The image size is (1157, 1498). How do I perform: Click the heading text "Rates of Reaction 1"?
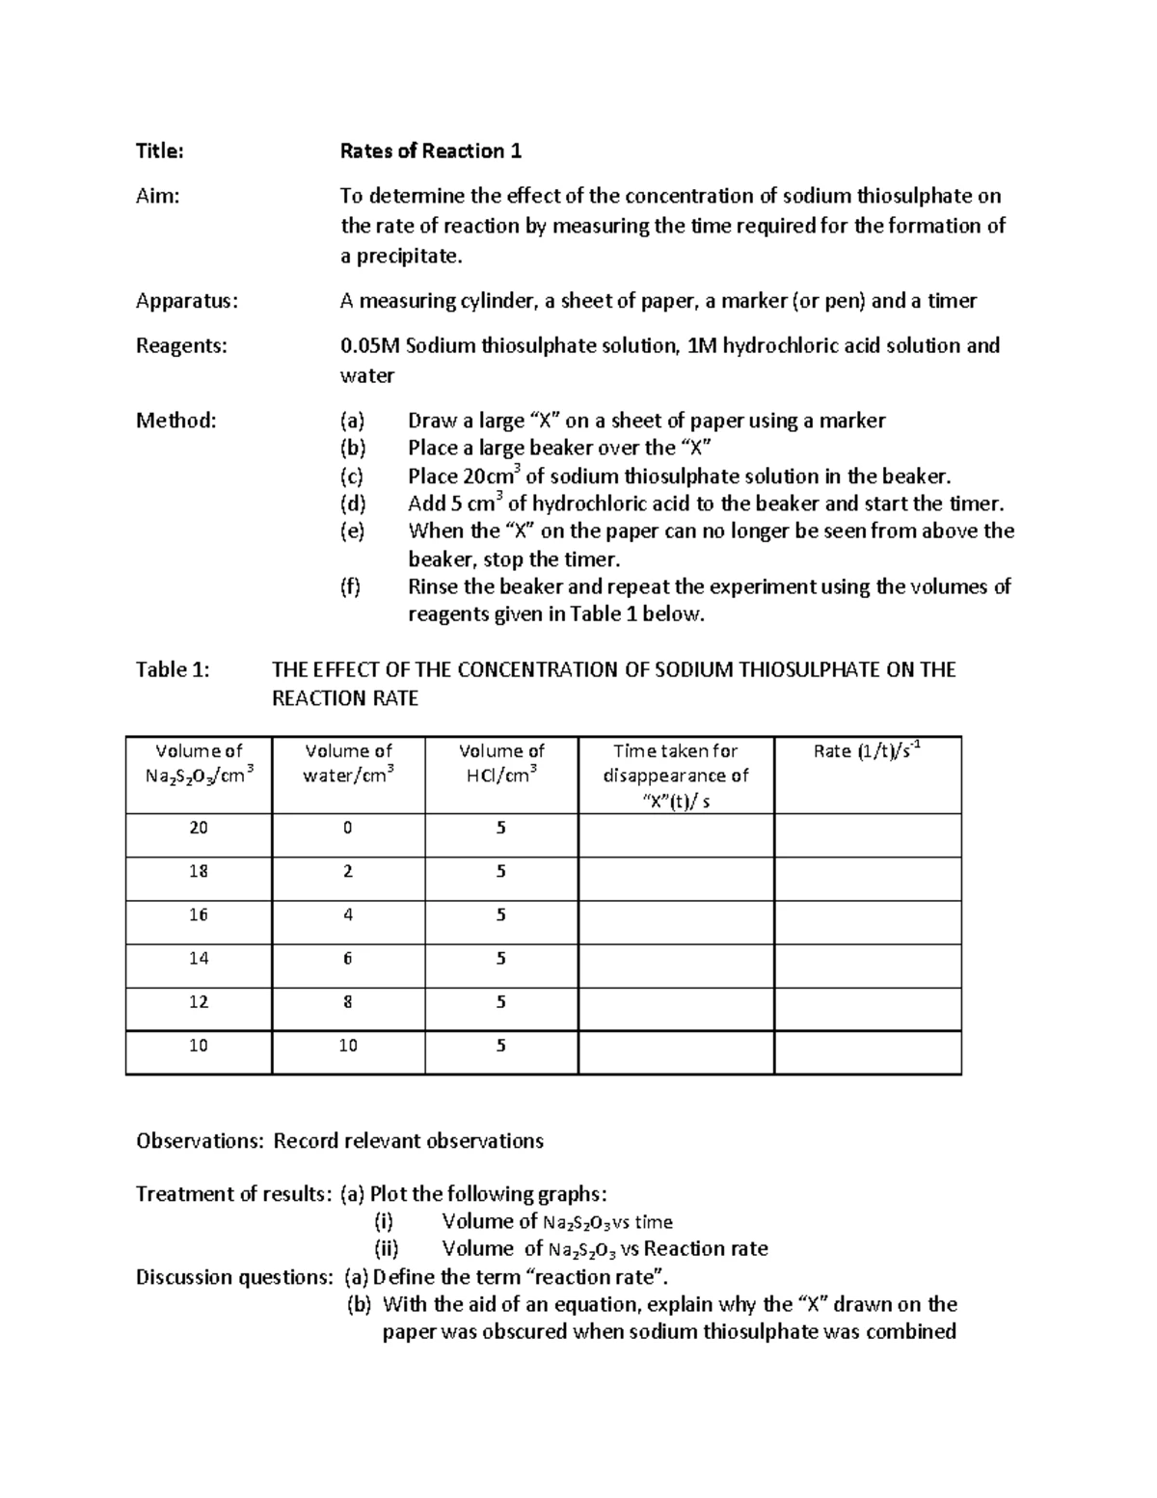(430, 151)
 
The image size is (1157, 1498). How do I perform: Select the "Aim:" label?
(158, 197)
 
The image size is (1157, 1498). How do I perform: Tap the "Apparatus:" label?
(186, 301)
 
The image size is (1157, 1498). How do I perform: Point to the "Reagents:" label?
(181, 345)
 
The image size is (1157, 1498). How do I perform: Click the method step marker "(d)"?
(353, 504)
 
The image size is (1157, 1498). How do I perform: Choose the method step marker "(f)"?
(352, 586)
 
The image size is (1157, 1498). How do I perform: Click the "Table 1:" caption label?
(173, 670)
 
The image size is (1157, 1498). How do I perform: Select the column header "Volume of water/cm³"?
(348, 763)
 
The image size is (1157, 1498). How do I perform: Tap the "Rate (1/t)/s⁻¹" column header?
(868, 751)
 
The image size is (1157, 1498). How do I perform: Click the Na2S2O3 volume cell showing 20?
(199, 828)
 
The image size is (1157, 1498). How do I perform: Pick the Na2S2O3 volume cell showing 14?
(199, 958)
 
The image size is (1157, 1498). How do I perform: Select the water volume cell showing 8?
(348, 1002)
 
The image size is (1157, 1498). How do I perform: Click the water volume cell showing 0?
(348, 828)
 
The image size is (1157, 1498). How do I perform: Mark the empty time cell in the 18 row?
(676, 879)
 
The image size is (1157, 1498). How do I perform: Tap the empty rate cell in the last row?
(868, 1052)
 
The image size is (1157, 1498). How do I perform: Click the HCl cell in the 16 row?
(501, 914)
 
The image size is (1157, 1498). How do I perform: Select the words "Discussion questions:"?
(234, 1277)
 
